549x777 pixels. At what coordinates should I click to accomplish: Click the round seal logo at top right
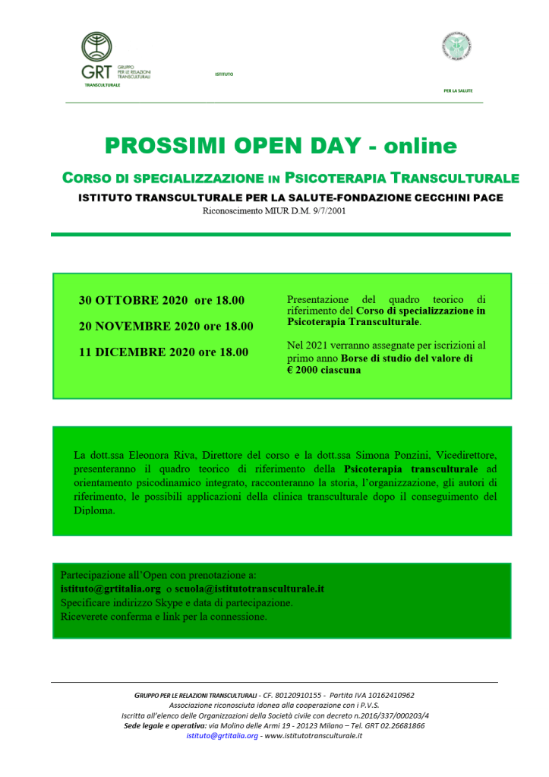coord(456,48)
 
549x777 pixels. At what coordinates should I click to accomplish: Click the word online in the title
coord(418,145)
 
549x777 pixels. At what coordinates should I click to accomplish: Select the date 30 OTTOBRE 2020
coord(128,300)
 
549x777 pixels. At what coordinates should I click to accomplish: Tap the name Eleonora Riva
coord(158,455)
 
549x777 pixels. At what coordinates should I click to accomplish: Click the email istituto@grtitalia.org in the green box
coord(110,588)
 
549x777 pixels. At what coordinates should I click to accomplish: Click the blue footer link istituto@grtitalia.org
coord(222,736)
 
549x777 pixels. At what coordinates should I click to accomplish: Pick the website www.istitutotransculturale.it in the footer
coord(313,736)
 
